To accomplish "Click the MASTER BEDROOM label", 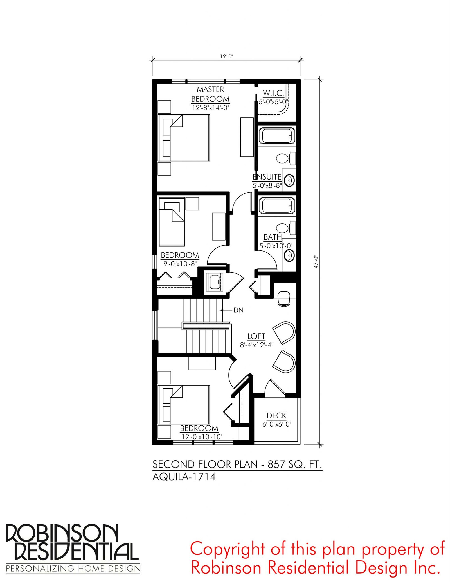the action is (x=210, y=94).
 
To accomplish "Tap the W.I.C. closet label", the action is (x=273, y=93).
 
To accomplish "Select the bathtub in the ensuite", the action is (x=277, y=136).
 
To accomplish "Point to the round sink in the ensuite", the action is (x=289, y=180).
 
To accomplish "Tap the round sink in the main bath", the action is (x=289, y=255).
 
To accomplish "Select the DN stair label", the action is (x=238, y=310).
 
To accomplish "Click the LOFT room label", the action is (x=256, y=336).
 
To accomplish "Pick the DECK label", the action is (x=276, y=415).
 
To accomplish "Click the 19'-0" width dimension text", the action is (x=226, y=56).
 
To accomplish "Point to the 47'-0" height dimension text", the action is (x=316, y=262).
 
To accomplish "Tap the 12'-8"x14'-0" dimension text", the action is (x=211, y=108).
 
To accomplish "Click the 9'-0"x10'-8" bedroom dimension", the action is (x=180, y=264).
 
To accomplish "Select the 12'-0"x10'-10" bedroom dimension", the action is (x=202, y=437).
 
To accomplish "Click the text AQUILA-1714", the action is (x=184, y=477).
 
